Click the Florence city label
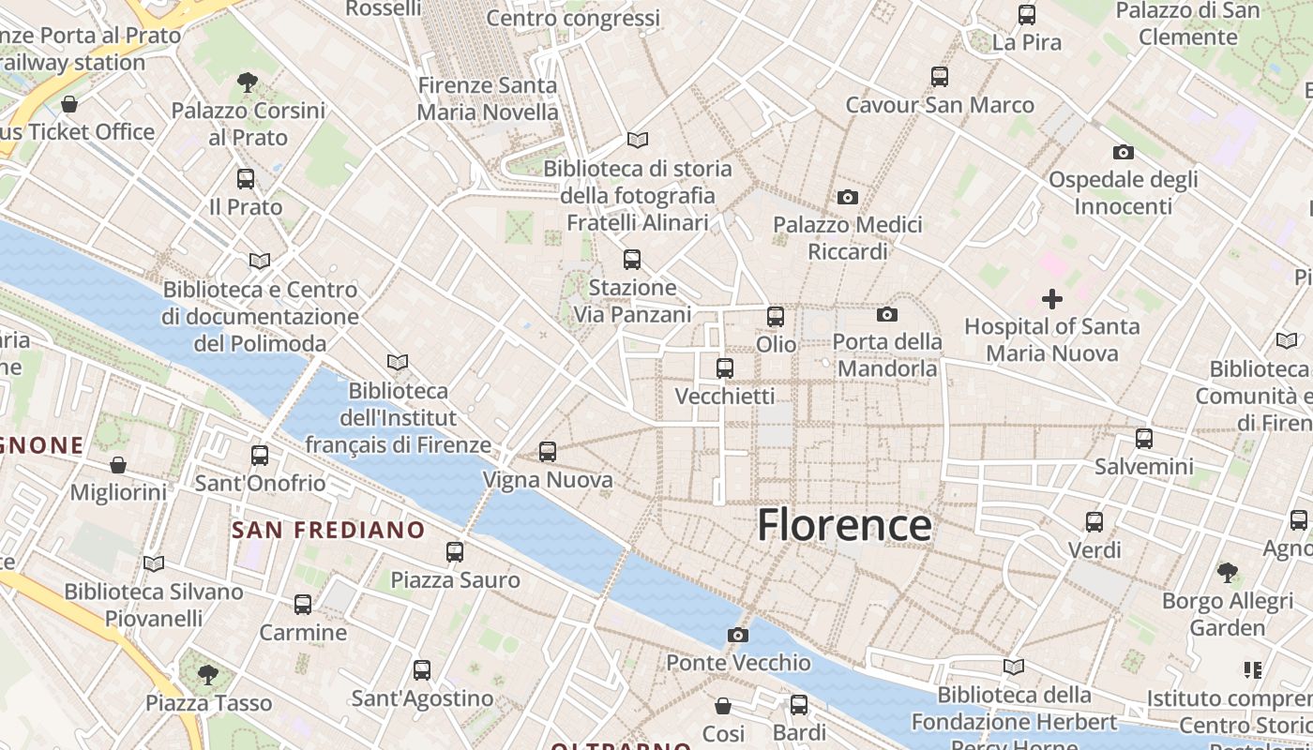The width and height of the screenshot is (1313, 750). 844,525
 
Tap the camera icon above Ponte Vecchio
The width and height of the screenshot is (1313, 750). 738,635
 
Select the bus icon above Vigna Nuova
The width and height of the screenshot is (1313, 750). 548,452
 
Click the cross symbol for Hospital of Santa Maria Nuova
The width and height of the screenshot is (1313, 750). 1052,299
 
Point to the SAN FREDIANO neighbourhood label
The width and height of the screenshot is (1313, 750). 328,530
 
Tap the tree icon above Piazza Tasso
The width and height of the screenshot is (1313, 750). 208,674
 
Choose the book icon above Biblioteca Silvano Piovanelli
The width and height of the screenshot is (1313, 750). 154,563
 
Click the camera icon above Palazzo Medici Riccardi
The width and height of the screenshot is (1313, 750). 848,197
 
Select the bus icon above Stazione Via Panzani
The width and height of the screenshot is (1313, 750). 632,259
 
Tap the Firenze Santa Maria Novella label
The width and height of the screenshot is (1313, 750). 488,98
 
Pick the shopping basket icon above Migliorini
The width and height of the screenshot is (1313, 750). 118,464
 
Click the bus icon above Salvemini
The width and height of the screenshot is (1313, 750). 1144,438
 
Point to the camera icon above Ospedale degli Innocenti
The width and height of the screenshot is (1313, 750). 1123,152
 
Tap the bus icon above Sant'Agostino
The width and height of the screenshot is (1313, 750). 422,669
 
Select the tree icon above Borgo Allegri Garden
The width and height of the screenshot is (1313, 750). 1227,572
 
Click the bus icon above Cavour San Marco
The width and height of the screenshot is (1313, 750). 940,77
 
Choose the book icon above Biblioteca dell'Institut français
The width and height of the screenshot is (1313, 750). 398,362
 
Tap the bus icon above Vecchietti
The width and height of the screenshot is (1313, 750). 725,368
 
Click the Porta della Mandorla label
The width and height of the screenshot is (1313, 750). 886,355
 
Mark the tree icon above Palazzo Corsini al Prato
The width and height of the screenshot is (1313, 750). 248,82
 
